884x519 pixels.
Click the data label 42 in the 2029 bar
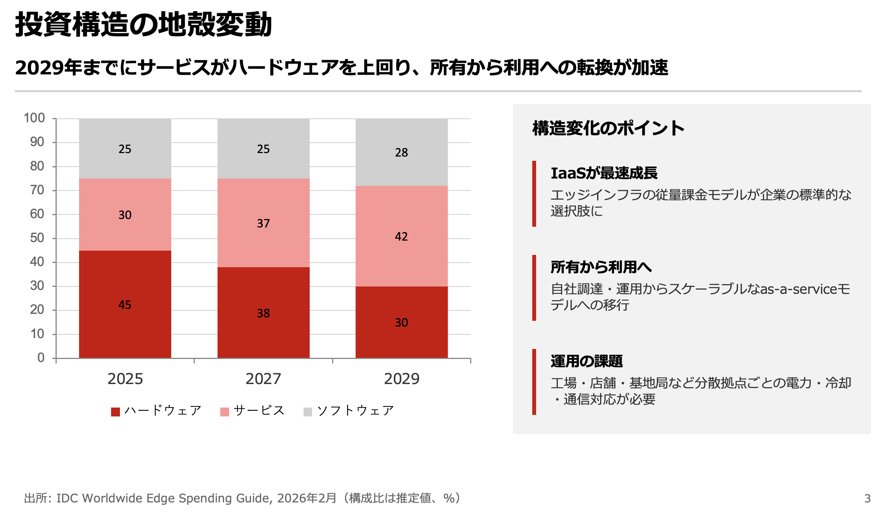401,236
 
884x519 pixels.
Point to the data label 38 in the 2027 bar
263,313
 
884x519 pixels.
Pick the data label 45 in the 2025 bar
125,305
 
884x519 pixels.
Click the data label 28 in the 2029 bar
401,152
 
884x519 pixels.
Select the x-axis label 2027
263,379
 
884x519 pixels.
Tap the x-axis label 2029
402,379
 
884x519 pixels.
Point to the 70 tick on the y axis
37,190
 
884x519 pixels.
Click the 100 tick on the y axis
35,118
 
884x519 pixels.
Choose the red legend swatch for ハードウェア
115,412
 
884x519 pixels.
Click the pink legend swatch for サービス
224,412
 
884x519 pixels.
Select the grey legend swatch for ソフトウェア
308,412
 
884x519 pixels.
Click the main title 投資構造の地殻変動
143,24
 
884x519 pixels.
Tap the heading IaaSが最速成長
604,173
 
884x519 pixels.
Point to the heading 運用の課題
587,361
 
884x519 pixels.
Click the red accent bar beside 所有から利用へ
534,288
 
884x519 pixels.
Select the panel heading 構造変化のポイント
608,128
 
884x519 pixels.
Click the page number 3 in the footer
867,499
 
